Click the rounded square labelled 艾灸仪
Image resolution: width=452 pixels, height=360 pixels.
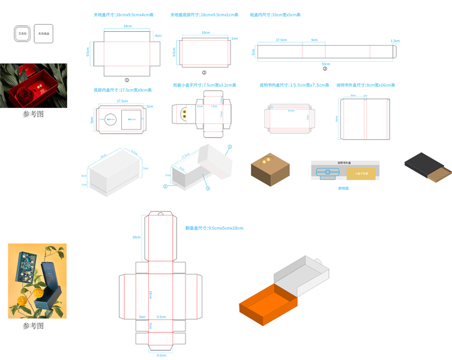[x=23, y=34]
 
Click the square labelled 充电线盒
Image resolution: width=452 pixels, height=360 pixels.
[x=44, y=34]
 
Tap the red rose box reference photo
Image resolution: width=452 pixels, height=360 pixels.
[x=34, y=85]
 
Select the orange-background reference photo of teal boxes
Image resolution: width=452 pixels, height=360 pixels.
[x=37, y=281]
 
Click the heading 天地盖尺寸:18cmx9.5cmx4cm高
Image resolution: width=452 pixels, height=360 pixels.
[x=124, y=14]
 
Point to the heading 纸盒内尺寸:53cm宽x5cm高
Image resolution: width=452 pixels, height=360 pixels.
[x=275, y=14]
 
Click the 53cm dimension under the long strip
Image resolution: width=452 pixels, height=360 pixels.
[x=325, y=63]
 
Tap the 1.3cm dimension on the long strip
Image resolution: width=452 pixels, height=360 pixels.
[x=394, y=41]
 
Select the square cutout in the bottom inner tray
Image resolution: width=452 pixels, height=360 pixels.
[x=131, y=119]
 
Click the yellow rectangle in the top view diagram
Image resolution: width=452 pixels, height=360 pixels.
[x=360, y=173]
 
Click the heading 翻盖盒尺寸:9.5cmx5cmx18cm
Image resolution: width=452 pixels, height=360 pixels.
[x=215, y=229]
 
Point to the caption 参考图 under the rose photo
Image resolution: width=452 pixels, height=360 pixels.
[x=34, y=114]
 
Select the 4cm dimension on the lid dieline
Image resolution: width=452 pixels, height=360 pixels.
[x=158, y=36]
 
